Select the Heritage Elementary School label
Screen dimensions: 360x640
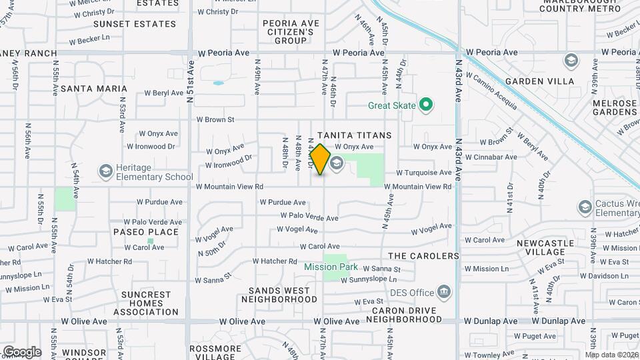click(154, 173)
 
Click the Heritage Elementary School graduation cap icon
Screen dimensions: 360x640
click(105, 172)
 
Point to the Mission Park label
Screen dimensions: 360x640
click(331, 267)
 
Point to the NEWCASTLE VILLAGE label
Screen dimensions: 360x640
click(545, 248)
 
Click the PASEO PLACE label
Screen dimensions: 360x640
click(145, 232)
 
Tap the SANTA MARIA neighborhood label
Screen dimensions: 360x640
click(93, 89)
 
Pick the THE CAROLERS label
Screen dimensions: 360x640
click(423, 256)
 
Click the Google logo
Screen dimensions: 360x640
click(21, 352)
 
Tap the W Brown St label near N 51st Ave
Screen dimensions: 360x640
click(215, 120)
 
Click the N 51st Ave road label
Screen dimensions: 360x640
click(191, 81)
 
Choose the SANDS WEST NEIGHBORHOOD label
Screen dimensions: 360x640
click(279, 295)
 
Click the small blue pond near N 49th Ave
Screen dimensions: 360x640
click(218, 83)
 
